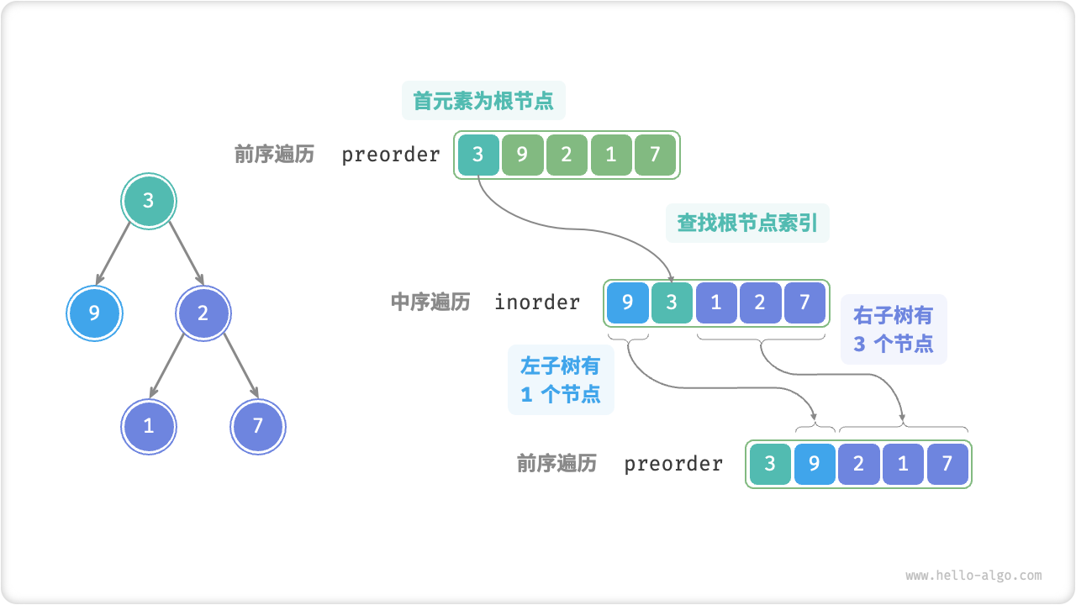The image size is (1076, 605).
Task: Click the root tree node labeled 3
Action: pos(149,201)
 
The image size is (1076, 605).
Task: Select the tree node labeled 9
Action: pos(94,313)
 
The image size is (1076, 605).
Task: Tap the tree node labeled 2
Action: pos(203,313)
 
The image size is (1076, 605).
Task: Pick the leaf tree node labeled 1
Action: pos(149,426)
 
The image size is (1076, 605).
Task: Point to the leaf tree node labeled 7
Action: pos(258,426)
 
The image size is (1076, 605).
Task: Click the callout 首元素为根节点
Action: pos(483,102)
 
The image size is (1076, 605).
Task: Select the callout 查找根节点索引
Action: pos(747,224)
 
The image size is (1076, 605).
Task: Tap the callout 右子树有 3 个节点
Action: pos(894,329)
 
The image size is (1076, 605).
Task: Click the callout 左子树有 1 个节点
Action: pos(561,380)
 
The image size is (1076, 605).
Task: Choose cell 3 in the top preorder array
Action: pos(478,155)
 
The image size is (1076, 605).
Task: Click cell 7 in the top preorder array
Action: pos(655,155)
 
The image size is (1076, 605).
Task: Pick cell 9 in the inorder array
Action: pos(627,302)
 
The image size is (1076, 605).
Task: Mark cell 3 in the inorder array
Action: pos(672,302)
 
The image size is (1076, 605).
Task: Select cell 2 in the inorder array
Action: pos(760,302)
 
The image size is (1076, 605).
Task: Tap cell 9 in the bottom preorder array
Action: pos(814,464)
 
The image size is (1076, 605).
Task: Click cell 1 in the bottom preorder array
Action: pos(903,464)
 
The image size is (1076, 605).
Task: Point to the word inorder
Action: pos(537,302)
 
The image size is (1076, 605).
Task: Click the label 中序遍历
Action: pos(430,302)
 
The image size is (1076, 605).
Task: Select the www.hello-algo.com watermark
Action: pos(973,576)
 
